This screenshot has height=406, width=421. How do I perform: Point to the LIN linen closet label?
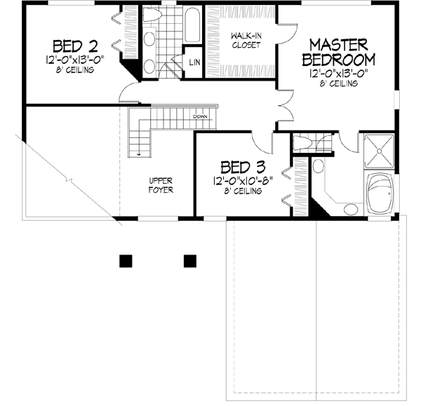(194, 62)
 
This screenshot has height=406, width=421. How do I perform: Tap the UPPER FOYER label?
(161, 185)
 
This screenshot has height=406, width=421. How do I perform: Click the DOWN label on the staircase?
(200, 116)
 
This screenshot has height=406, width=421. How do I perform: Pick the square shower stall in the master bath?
(381, 150)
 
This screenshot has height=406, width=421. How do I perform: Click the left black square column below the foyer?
(124, 261)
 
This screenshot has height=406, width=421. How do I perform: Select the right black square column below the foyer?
(189, 261)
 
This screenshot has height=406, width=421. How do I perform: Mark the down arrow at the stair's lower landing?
(140, 151)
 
